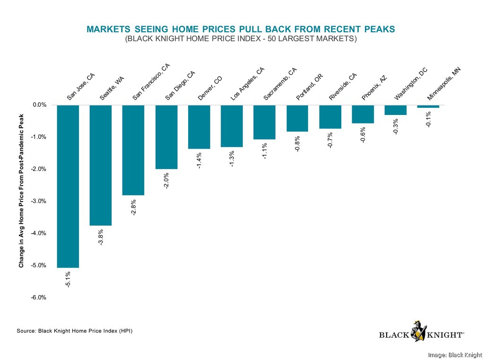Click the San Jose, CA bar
click(68, 186)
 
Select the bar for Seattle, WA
click(101, 165)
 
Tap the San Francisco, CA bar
click(133, 150)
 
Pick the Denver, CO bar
click(199, 127)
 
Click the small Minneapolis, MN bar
click(428, 106)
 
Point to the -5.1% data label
click(68, 280)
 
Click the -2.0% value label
click(166, 181)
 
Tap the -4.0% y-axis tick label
click(38, 233)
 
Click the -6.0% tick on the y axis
click(38, 298)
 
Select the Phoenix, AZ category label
click(375, 88)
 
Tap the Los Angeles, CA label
click(247, 84)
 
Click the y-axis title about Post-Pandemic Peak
click(21, 186)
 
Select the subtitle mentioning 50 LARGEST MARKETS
click(241, 39)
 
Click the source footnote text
click(75, 331)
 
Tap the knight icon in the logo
click(418, 331)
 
